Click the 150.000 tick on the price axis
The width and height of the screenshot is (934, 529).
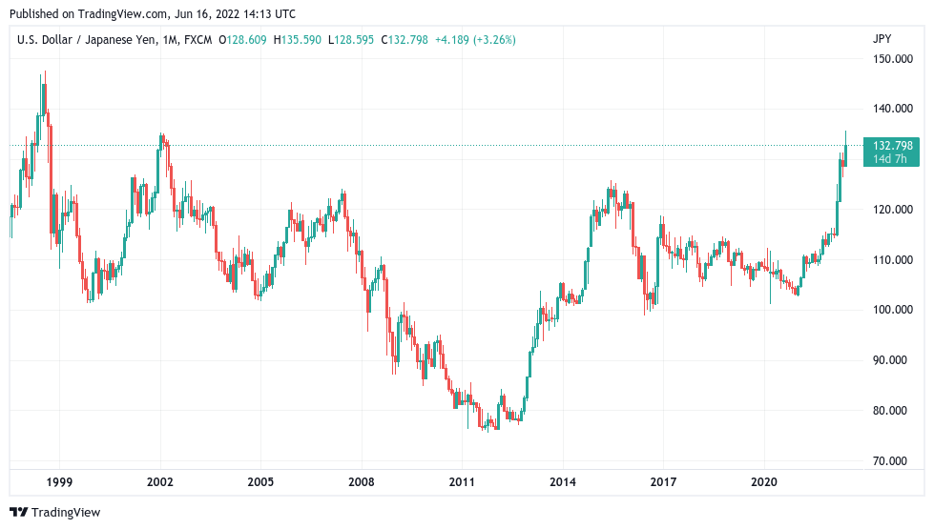894,59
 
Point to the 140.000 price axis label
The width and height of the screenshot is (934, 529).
894,110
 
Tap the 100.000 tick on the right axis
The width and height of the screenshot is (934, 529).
894,310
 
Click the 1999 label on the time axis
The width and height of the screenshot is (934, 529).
59,483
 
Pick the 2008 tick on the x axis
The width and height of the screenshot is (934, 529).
362,483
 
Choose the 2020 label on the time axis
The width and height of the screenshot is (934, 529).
764,483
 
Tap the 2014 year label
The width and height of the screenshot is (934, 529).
563,483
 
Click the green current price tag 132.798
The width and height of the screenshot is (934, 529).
893,146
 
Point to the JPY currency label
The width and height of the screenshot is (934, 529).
882,39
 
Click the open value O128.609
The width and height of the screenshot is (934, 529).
243,40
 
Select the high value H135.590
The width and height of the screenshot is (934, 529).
298,40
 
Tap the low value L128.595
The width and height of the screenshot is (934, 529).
351,40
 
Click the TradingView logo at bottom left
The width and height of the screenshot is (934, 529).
54,513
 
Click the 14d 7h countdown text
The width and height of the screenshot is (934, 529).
893,159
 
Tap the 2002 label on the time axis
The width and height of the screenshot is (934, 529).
160,483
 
